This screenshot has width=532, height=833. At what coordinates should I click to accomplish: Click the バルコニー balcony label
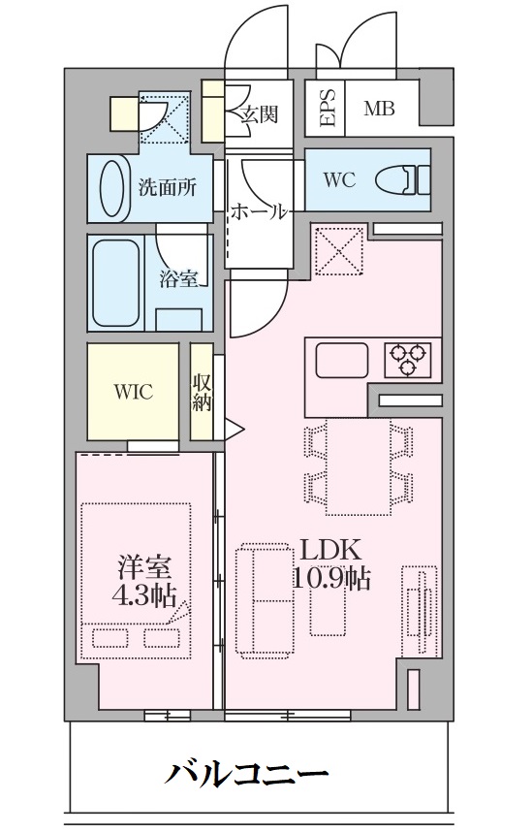click(x=246, y=775)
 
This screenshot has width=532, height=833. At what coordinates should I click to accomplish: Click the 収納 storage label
click(x=202, y=392)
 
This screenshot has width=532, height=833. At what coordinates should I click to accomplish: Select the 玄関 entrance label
click(x=260, y=113)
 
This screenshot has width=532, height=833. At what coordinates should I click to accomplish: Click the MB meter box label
click(x=379, y=108)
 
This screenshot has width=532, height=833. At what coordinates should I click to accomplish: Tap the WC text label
click(x=338, y=180)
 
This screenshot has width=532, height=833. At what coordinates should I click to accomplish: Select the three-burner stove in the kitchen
click(x=409, y=359)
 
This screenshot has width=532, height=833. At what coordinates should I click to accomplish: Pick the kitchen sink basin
click(x=342, y=362)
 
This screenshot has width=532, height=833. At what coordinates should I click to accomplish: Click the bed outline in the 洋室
click(x=136, y=580)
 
